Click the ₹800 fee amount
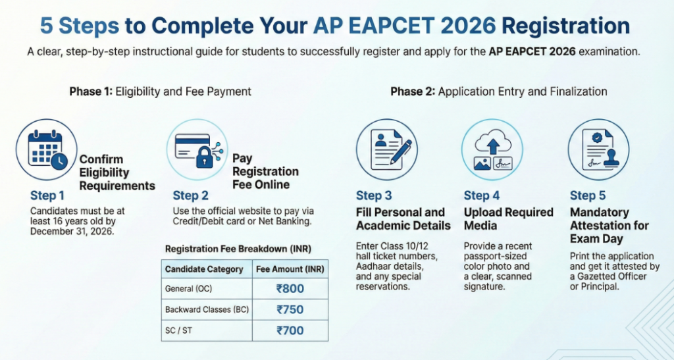(x=290, y=288)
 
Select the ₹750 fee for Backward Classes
(x=290, y=309)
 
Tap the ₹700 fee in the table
(x=290, y=330)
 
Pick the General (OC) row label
(x=190, y=288)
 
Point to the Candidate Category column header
(x=204, y=269)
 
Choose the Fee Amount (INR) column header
(x=290, y=269)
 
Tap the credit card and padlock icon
(x=195, y=149)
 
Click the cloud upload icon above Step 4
(x=492, y=149)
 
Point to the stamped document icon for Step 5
(x=598, y=149)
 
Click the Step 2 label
(x=191, y=195)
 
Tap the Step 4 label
(x=482, y=195)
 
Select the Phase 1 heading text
(x=160, y=91)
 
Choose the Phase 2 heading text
(x=498, y=91)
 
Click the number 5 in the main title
(x=47, y=26)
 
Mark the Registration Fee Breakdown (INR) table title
(x=238, y=249)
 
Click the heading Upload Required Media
(x=508, y=219)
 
